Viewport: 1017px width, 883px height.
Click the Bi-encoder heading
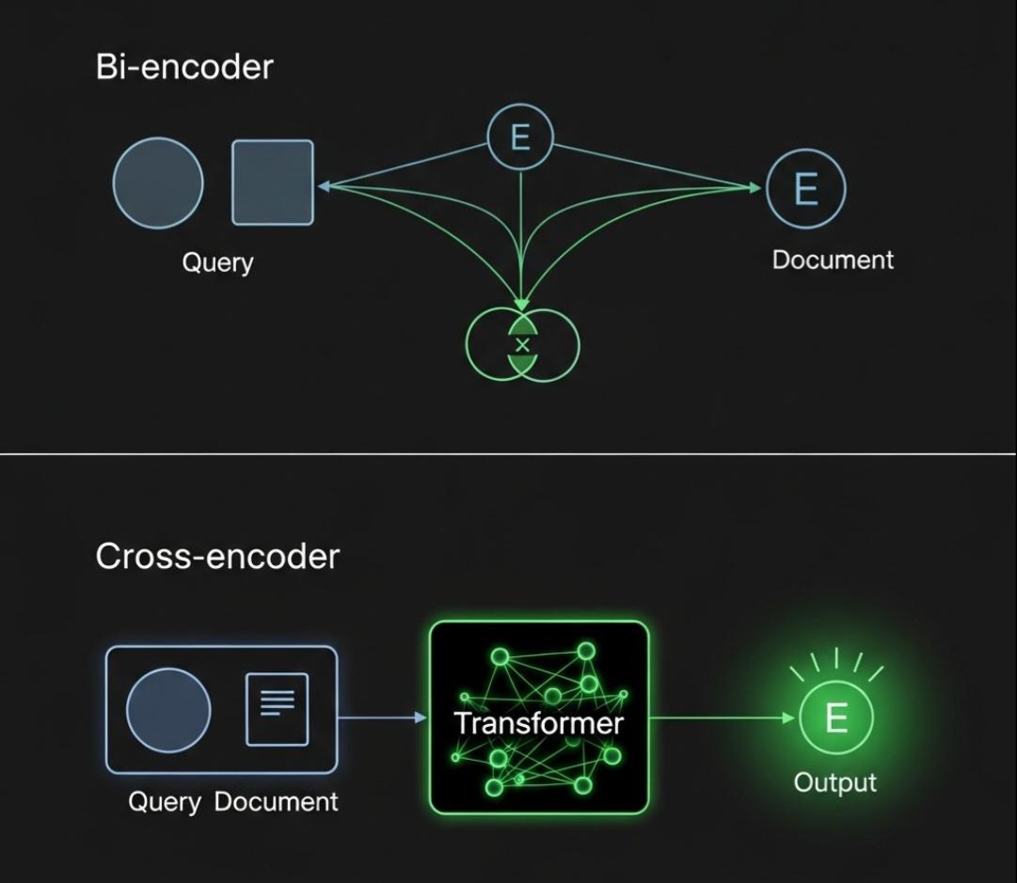coord(184,68)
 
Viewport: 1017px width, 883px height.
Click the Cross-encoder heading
coord(217,557)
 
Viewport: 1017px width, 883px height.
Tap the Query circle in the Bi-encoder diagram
coord(158,182)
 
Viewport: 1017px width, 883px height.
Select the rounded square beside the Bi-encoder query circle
coord(273,182)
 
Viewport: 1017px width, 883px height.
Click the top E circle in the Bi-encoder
coord(520,139)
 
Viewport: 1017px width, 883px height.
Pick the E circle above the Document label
coord(806,189)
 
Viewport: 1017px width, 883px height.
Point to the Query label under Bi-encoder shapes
coord(217,261)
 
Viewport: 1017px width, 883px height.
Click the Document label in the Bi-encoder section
coord(833,260)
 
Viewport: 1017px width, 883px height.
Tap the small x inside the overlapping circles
coord(523,346)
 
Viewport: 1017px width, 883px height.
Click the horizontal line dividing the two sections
coord(508,454)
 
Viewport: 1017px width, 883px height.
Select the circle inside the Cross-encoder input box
coord(168,710)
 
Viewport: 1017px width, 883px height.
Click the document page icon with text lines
coord(277,709)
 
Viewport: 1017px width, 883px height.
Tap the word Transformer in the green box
coord(538,723)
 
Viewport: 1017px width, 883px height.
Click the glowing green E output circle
coord(835,719)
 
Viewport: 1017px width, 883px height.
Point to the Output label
coord(834,782)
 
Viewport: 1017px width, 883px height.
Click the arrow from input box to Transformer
coord(381,718)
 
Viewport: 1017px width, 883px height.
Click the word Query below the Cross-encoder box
coord(165,802)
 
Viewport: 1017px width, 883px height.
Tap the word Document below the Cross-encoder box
coord(276,802)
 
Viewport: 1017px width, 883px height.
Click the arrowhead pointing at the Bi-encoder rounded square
coord(324,186)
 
